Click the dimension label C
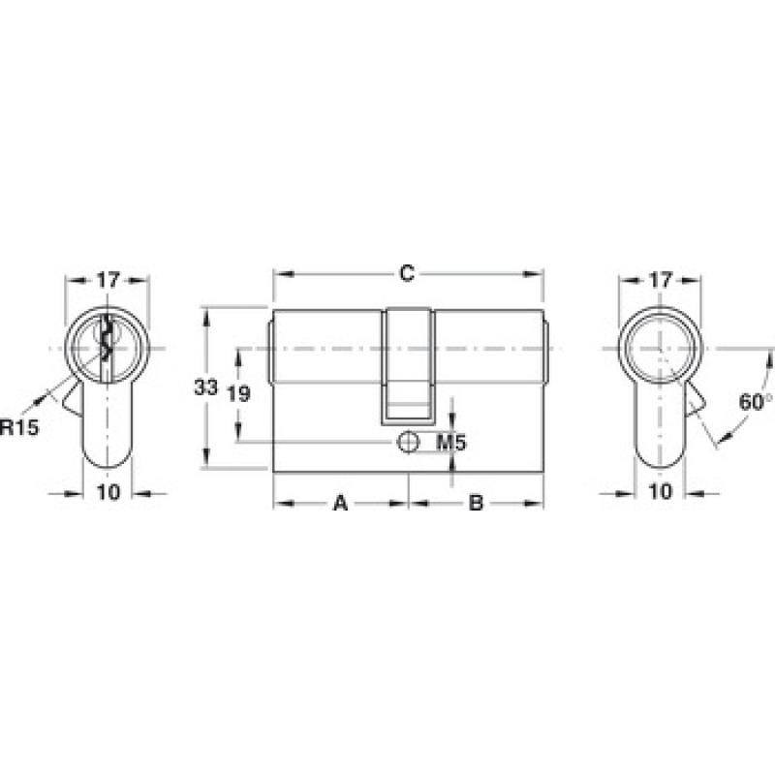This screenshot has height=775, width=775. [x=407, y=273]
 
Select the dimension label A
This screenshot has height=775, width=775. [x=341, y=504]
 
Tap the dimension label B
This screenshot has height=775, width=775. [x=476, y=504]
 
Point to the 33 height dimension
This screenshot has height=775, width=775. [x=205, y=387]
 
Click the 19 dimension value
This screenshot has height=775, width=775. [x=238, y=394]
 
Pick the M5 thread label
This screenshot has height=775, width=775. [x=451, y=443]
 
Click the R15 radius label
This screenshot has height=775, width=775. [x=19, y=427]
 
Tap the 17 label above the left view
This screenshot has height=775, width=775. [x=108, y=280]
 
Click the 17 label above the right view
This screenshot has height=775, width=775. [x=661, y=280]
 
